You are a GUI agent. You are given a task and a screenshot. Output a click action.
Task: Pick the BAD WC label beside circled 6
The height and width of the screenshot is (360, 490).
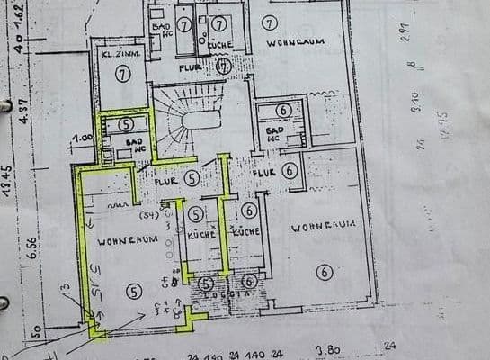coord(273,133)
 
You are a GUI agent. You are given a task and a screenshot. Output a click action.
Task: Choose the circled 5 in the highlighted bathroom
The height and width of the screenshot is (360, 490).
coord(125,123)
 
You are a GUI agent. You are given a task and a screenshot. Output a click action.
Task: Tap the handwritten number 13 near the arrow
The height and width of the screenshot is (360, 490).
coord(64,287)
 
